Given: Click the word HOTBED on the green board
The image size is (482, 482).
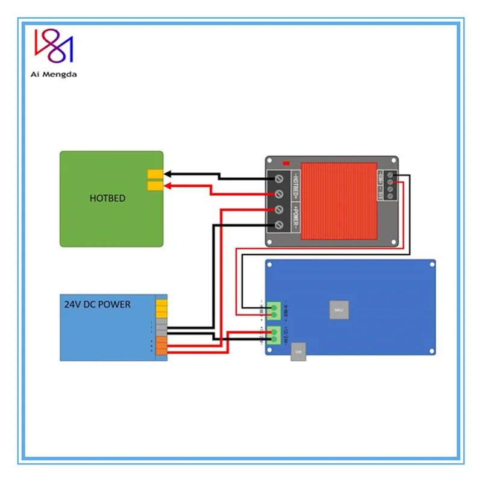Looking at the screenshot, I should pyautogui.click(x=107, y=198).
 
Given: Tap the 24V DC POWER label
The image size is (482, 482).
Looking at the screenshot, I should pyautogui.click(x=97, y=304).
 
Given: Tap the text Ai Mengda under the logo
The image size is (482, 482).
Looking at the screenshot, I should pyautogui.click(x=54, y=74).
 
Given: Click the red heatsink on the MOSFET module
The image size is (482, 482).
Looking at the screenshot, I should pyautogui.click(x=338, y=200).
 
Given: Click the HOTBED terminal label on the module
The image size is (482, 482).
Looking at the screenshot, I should pyautogui.click(x=295, y=186).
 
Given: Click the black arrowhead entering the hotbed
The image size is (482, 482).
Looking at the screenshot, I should pyautogui.click(x=168, y=174).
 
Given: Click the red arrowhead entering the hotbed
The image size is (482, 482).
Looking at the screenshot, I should pyautogui.click(x=168, y=186).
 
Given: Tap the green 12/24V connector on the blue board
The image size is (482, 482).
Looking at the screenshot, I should pyautogui.click(x=274, y=334).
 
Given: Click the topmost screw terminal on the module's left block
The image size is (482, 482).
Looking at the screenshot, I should pyautogui.click(x=280, y=179).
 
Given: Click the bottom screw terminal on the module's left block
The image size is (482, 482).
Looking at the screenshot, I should pyautogui.click(x=280, y=224).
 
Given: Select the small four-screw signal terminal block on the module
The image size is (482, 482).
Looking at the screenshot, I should pyautogui.click(x=390, y=185).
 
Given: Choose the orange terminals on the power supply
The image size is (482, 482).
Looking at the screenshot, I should pyautogui.click(x=161, y=345).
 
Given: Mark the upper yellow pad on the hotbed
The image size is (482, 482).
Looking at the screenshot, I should pyautogui.click(x=155, y=174).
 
